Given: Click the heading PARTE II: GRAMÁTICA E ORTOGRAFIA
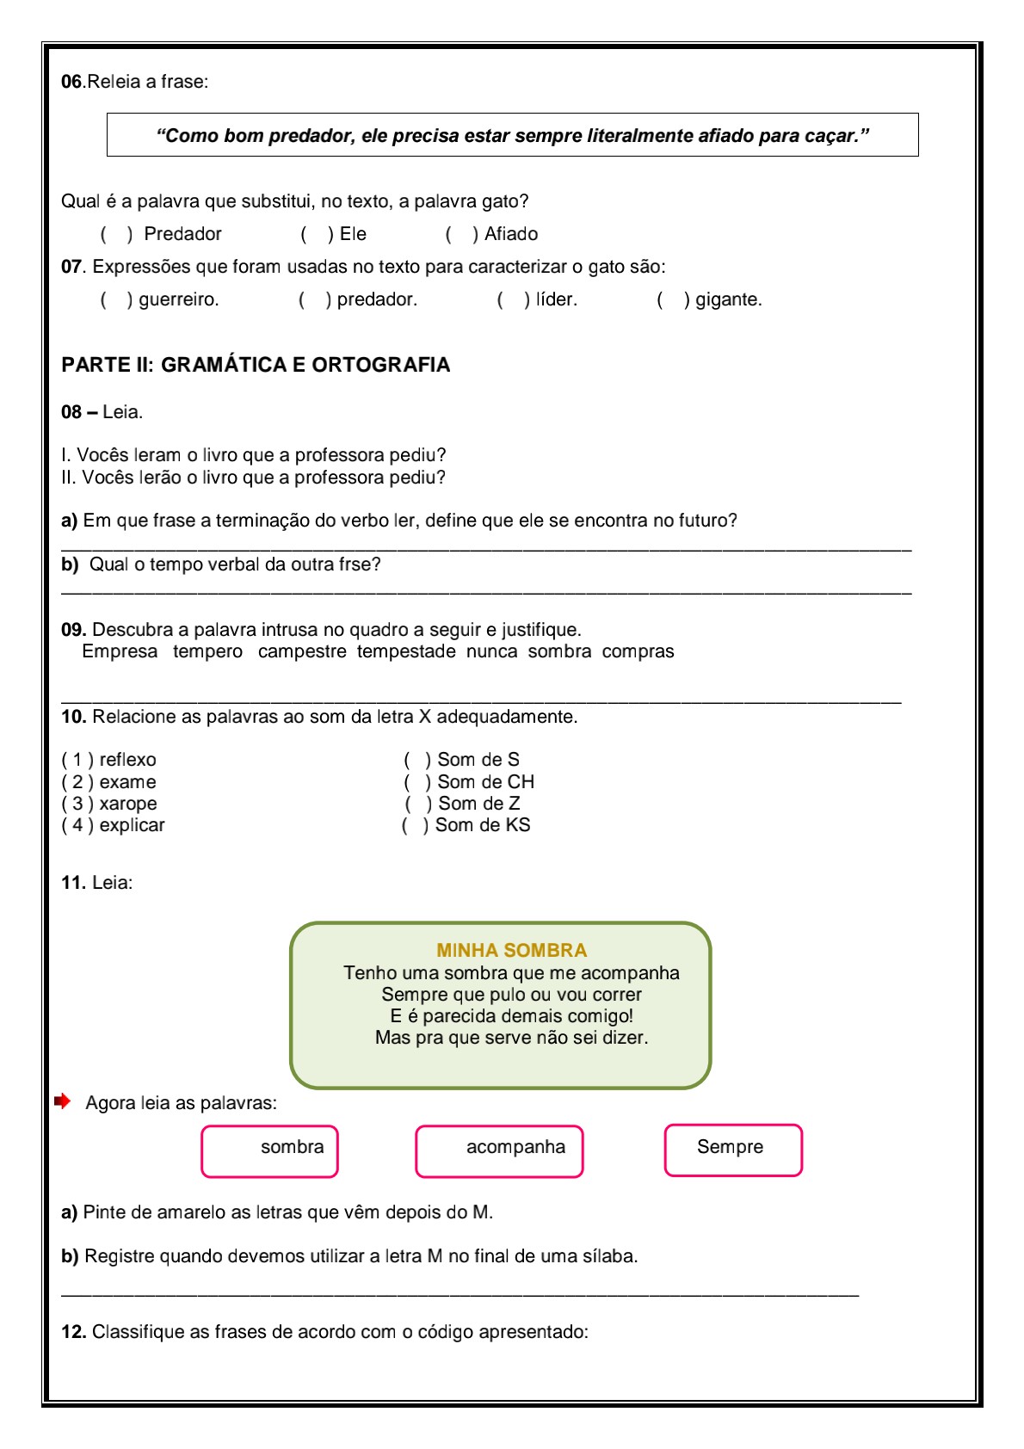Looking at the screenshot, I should pyautogui.click(x=256, y=365).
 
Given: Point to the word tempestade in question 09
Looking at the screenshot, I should pyautogui.click(x=406, y=651).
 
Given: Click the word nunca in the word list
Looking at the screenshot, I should pyautogui.click(x=492, y=651).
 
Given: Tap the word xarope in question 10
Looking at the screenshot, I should pyautogui.click(x=128, y=804).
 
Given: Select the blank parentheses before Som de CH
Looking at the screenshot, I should pyautogui.click(x=417, y=782).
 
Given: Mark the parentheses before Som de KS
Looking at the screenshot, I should pyautogui.click(x=415, y=825).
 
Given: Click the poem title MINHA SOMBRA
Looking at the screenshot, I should pyautogui.click(x=511, y=950).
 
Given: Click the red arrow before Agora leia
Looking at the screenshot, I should pyautogui.click(x=62, y=1101).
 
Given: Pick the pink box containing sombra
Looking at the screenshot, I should pyautogui.click(x=270, y=1151).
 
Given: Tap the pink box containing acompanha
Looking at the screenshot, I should pyautogui.click(x=499, y=1151).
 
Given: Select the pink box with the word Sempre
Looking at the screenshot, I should pyautogui.click(x=733, y=1150).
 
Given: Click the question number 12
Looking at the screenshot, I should pyautogui.click(x=73, y=1332).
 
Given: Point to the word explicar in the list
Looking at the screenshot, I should pyautogui.click(x=132, y=825).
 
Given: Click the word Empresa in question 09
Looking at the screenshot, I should pyautogui.click(x=120, y=651).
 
